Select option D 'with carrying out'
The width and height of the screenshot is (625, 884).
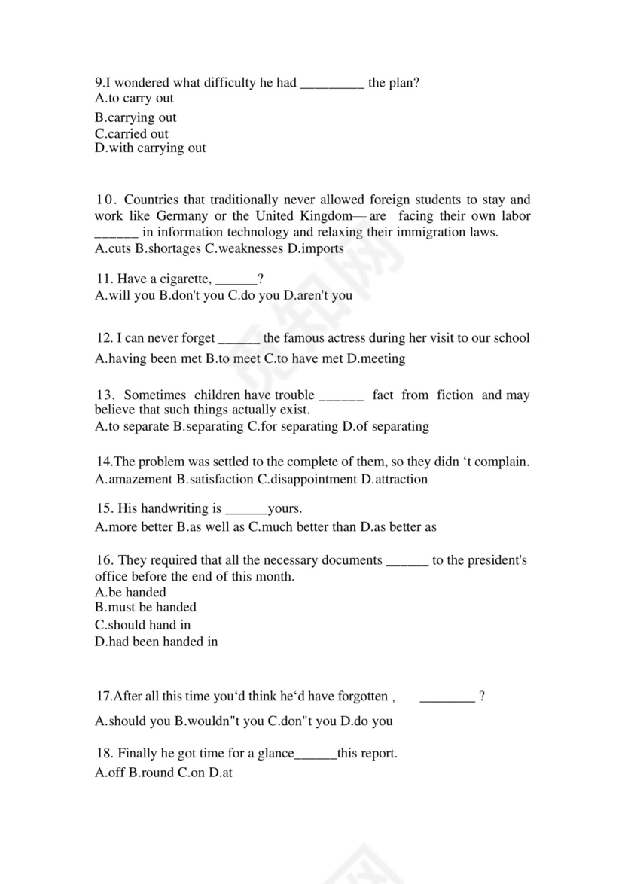(x=150, y=148)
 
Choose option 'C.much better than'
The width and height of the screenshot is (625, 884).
(x=303, y=527)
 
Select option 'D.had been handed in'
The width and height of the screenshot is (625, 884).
(x=156, y=642)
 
